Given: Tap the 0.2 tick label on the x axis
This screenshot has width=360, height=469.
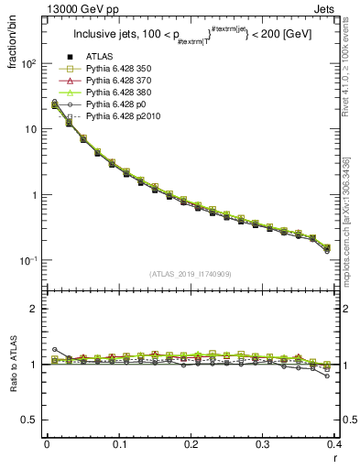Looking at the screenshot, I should [x=191, y=444].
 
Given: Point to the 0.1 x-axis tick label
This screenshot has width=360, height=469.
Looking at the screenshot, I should [x=118, y=444].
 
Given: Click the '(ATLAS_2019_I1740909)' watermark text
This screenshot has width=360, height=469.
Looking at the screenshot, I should [x=189, y=274].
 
